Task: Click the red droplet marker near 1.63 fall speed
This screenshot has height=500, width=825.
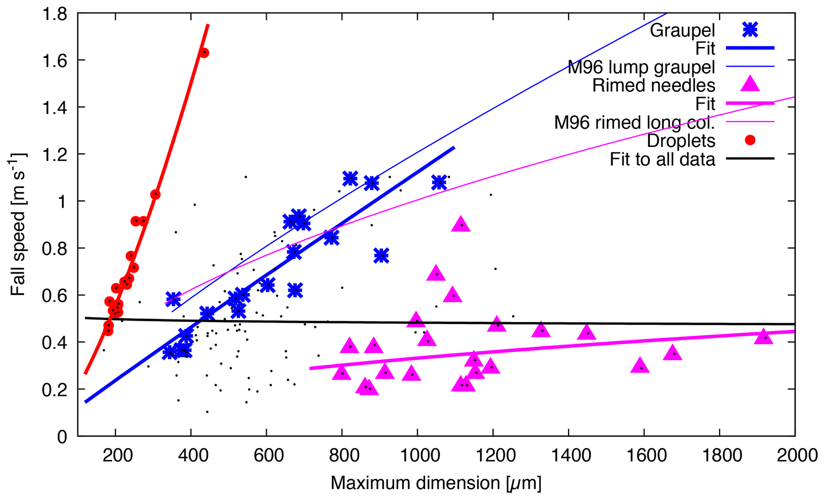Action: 204,53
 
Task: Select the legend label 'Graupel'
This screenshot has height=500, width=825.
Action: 682,30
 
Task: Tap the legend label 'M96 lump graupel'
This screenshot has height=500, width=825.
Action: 641,67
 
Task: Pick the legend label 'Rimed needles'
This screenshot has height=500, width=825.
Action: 653,85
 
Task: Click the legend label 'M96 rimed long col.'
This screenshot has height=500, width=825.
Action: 634,122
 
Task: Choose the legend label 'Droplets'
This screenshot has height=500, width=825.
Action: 681,141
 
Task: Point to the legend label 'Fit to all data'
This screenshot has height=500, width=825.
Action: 662,159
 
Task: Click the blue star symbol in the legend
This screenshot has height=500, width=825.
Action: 750,30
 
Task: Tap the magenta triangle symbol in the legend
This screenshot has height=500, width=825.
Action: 750,84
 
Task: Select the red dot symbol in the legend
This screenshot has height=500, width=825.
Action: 750,140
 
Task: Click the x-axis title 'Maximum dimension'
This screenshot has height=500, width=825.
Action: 436,483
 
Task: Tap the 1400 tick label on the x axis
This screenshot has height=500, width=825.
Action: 568,455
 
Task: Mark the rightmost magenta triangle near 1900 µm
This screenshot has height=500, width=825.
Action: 764,337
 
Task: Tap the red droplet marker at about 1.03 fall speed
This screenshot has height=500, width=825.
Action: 155,194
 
